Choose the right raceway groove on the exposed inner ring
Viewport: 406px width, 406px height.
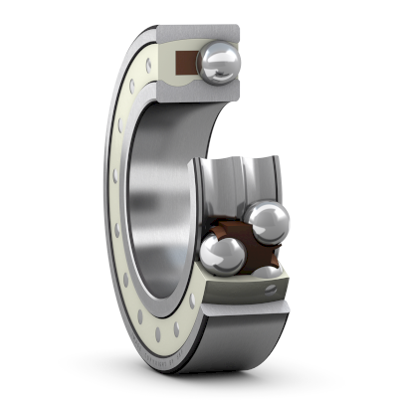(261, 179)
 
